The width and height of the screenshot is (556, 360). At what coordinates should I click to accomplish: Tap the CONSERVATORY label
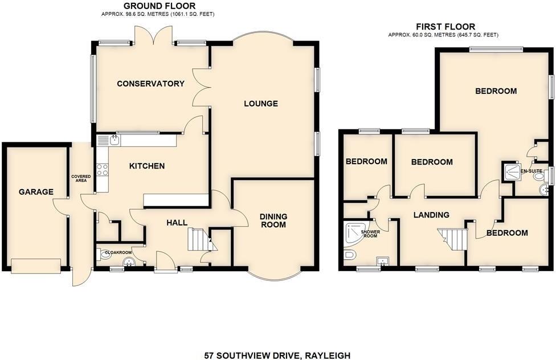click(150, 84)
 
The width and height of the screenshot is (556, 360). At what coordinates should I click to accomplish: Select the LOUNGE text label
click(260, 104)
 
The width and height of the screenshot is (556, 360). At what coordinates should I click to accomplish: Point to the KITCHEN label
click(147, 166)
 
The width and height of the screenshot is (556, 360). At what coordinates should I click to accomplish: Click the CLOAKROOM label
click(117, 252)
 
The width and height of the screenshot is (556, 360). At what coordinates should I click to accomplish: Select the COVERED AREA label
click(81, 179)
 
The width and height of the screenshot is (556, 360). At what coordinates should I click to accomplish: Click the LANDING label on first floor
click(431, 215)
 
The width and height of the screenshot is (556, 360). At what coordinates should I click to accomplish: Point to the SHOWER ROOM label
click(370, 234)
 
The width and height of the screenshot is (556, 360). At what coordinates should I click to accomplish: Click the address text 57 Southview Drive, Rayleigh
click(277, 355)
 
